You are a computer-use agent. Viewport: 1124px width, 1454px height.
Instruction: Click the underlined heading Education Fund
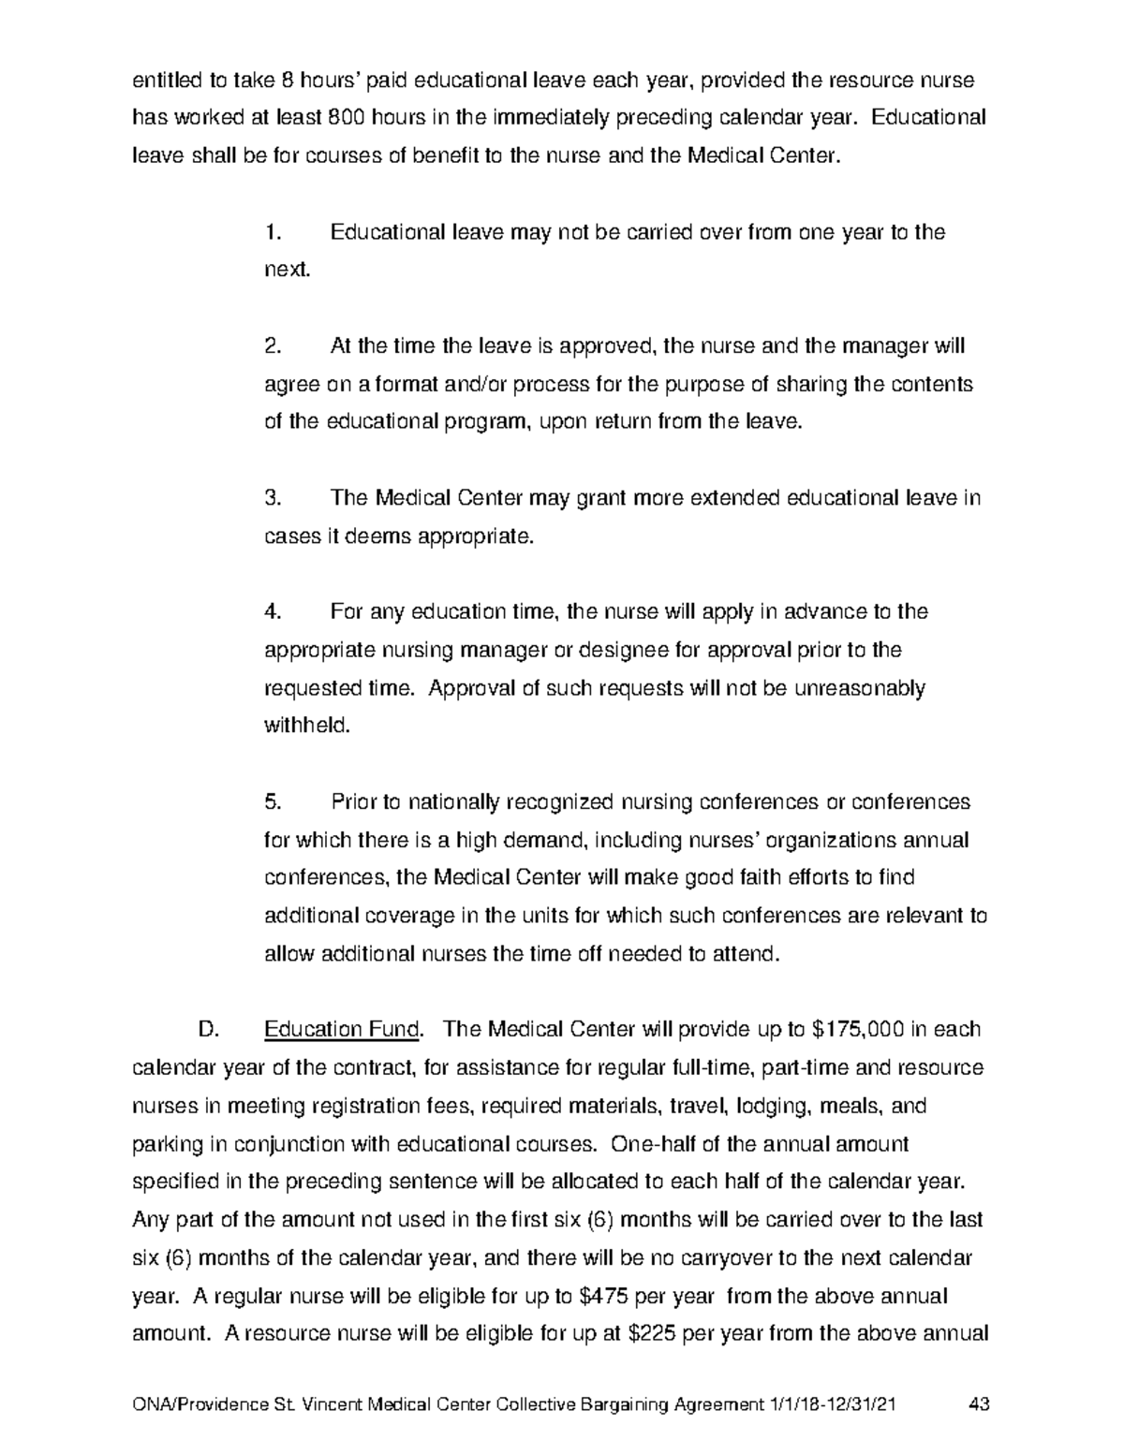coord(342,1030)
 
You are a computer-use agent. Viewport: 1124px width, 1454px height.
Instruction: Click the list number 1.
coord(273,232)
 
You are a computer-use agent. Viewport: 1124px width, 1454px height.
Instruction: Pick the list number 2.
coord(273,346)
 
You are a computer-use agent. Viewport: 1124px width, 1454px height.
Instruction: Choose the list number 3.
coord(273,498)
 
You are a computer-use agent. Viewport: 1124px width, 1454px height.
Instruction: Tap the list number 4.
coord(273,612)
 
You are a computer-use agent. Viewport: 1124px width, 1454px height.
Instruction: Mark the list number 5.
coord(273,802)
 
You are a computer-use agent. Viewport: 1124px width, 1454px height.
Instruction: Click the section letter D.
coord(208,1030)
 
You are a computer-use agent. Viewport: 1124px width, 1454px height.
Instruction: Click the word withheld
coord(306,726)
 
